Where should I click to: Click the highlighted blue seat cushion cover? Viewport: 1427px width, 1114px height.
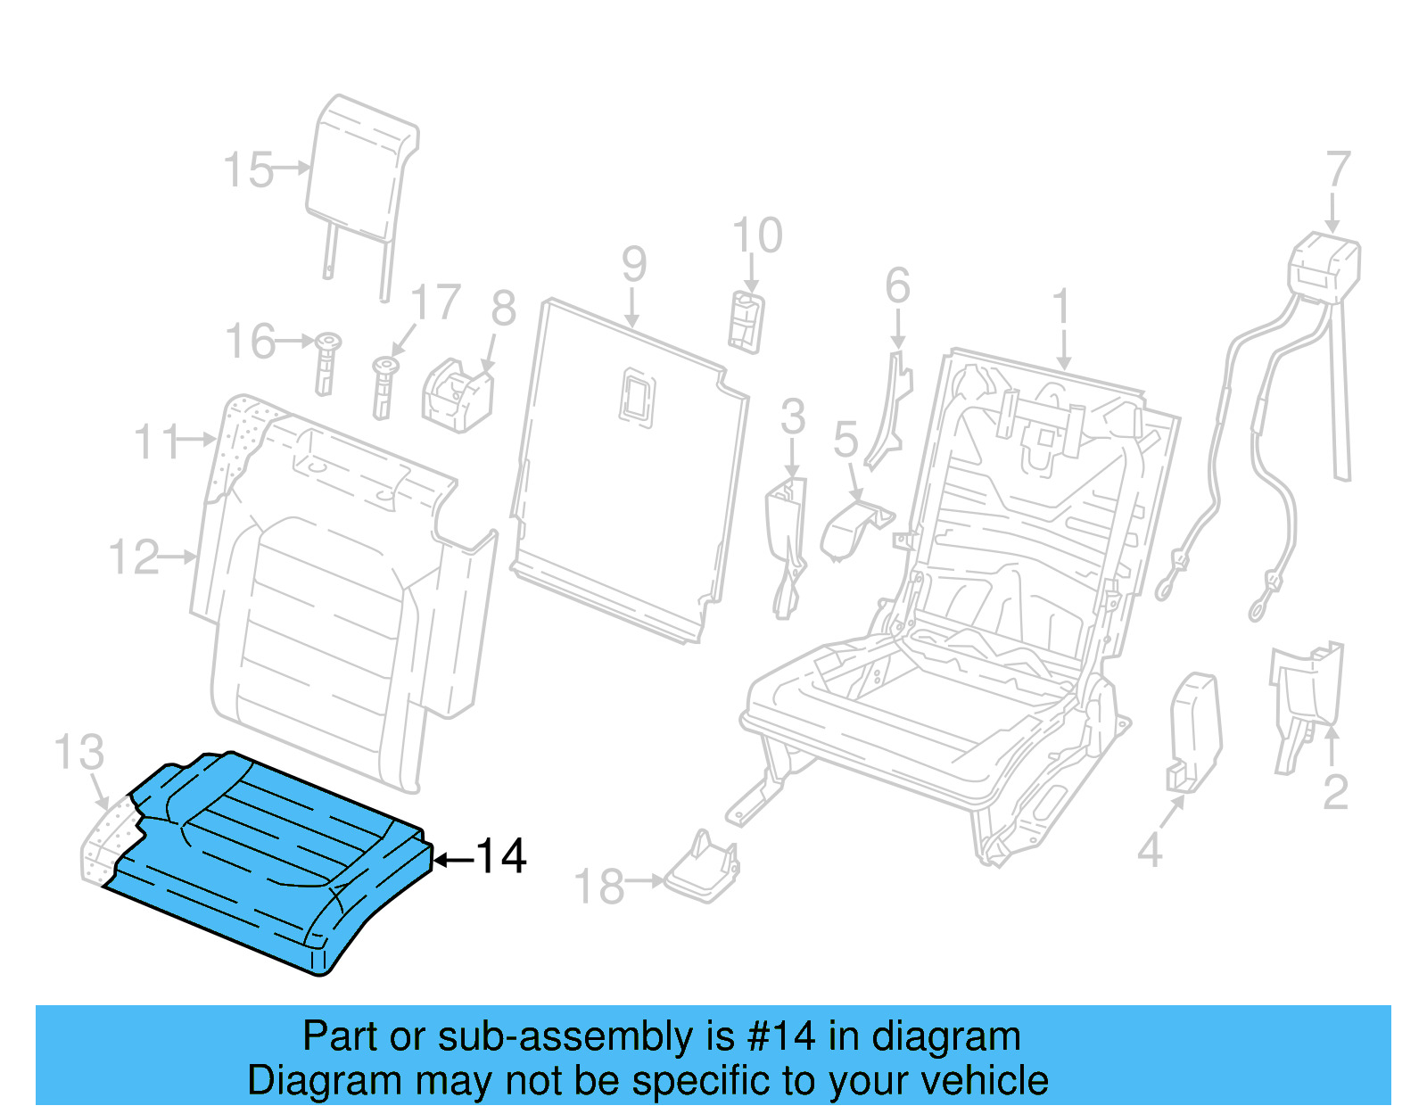(268, 856)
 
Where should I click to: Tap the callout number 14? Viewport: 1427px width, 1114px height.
(501, 857)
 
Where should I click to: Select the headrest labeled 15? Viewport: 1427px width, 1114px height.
(361, 169)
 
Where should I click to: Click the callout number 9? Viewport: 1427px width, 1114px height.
(633, 264)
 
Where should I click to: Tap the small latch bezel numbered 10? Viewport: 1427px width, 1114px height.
(746, 321)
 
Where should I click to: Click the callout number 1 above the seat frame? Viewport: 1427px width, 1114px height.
(1060, 308)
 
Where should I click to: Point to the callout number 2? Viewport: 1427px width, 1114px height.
(1335, 793)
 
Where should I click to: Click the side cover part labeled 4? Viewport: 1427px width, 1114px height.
(1193, 731)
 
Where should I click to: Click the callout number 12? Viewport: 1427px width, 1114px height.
(134, 557)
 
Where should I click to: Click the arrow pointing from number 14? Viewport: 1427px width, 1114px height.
(454, 860)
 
